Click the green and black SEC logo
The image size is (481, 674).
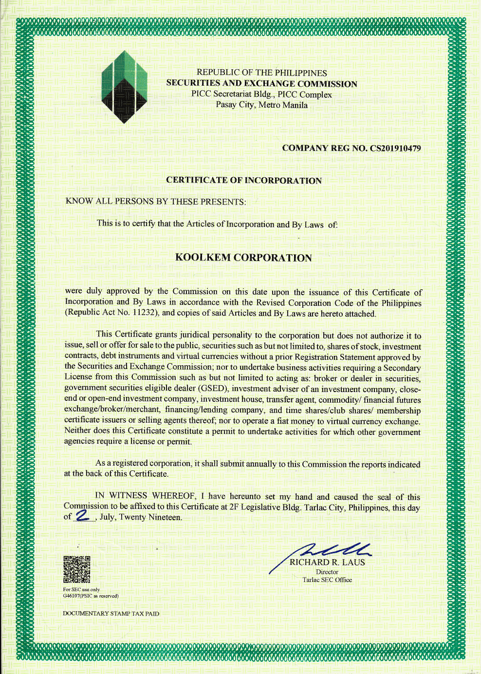[125, 87]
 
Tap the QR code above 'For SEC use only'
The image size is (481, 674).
[76, 569]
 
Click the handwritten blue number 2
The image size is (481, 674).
[83, 516]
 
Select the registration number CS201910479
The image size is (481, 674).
[395, 148]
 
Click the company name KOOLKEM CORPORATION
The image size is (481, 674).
[243, 258]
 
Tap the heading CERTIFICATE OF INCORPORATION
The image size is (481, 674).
[244, 180]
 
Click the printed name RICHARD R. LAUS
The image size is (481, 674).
[327, 562]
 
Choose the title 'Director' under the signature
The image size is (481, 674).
[327, 572]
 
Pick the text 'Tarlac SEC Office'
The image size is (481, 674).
[327, 580]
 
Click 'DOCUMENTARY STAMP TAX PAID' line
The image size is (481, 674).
[111, 614]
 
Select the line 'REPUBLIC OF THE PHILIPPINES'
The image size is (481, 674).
[261, 73]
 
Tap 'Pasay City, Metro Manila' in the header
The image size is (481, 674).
[261, 105]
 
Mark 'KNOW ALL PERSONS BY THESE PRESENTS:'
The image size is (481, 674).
[156, 201]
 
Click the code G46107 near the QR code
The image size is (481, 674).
[72, 596]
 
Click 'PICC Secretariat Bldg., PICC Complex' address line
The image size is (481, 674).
[261, 94]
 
